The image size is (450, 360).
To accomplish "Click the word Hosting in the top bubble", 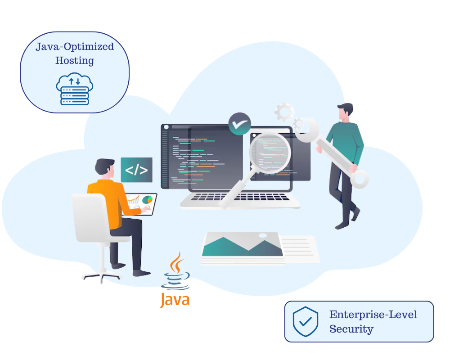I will click(75, 60).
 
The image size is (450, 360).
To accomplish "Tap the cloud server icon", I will click(75, 90).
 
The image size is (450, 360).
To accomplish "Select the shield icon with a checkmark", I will click(306, 321).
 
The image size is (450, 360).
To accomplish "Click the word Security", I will click(351, 329).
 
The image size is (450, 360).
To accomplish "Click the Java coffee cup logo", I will click(176, 272).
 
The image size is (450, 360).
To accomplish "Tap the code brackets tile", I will click(136, 170).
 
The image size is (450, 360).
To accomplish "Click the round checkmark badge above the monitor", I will click(239, 124).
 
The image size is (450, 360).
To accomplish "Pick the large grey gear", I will click(284, 111).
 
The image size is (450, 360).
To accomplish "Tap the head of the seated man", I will click(105, 168).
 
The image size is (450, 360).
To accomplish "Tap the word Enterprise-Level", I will click(373, 314).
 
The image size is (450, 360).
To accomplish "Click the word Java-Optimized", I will click(75, 47).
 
